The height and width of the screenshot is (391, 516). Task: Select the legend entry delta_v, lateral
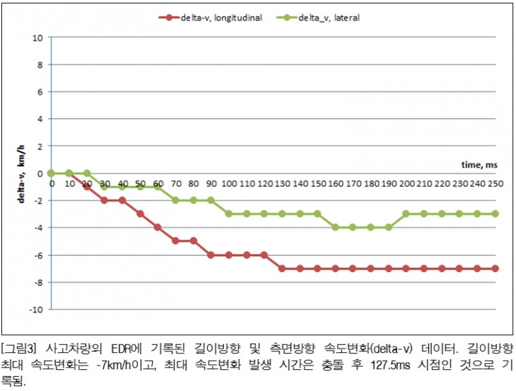329,18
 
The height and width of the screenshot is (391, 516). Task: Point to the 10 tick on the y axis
37,37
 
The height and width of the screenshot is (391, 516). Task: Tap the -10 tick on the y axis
35,309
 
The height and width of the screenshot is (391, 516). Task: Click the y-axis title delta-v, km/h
21,173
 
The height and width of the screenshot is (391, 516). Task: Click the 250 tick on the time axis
495,182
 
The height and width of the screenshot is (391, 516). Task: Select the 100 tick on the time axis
228,182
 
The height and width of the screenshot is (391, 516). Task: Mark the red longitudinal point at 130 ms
282,268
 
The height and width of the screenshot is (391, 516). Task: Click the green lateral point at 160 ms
335,227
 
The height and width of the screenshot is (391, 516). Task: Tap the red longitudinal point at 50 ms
140,214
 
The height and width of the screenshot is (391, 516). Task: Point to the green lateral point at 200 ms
406,214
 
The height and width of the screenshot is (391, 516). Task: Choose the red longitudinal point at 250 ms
495,268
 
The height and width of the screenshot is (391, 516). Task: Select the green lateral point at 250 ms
495,214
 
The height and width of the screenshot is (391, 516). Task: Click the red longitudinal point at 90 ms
211,255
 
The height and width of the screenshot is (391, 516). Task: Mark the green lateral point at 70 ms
175,200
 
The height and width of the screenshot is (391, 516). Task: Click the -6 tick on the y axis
37,255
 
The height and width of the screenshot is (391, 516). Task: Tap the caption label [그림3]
19,348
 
